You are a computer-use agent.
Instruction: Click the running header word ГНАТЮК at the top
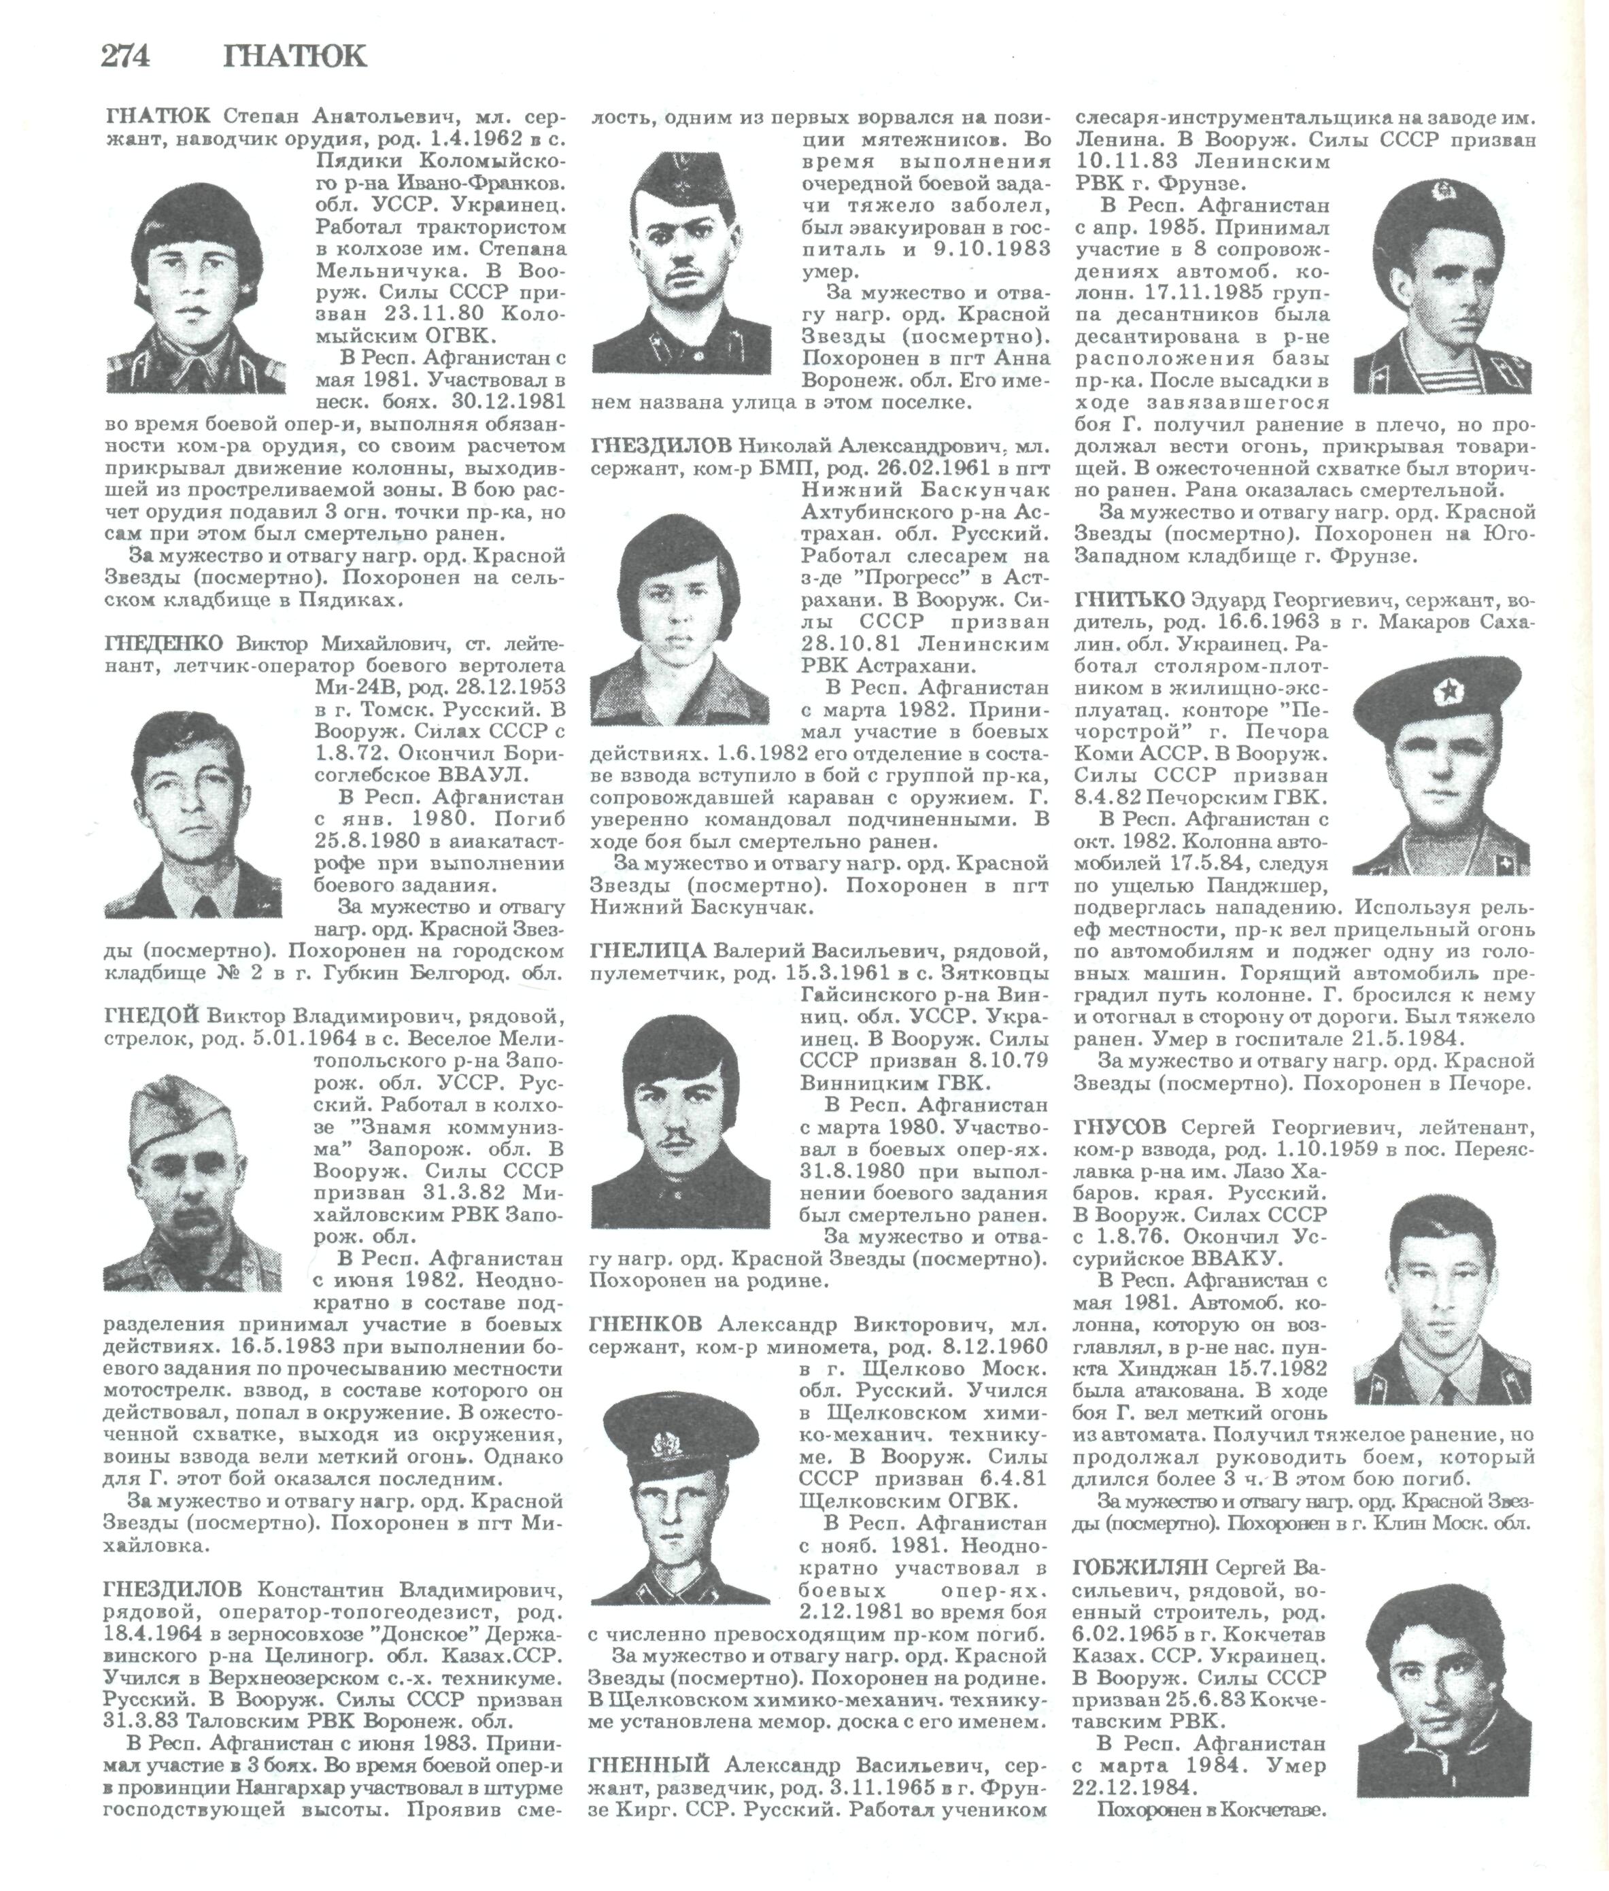294,56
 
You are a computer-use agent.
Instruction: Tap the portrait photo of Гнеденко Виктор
193,814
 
